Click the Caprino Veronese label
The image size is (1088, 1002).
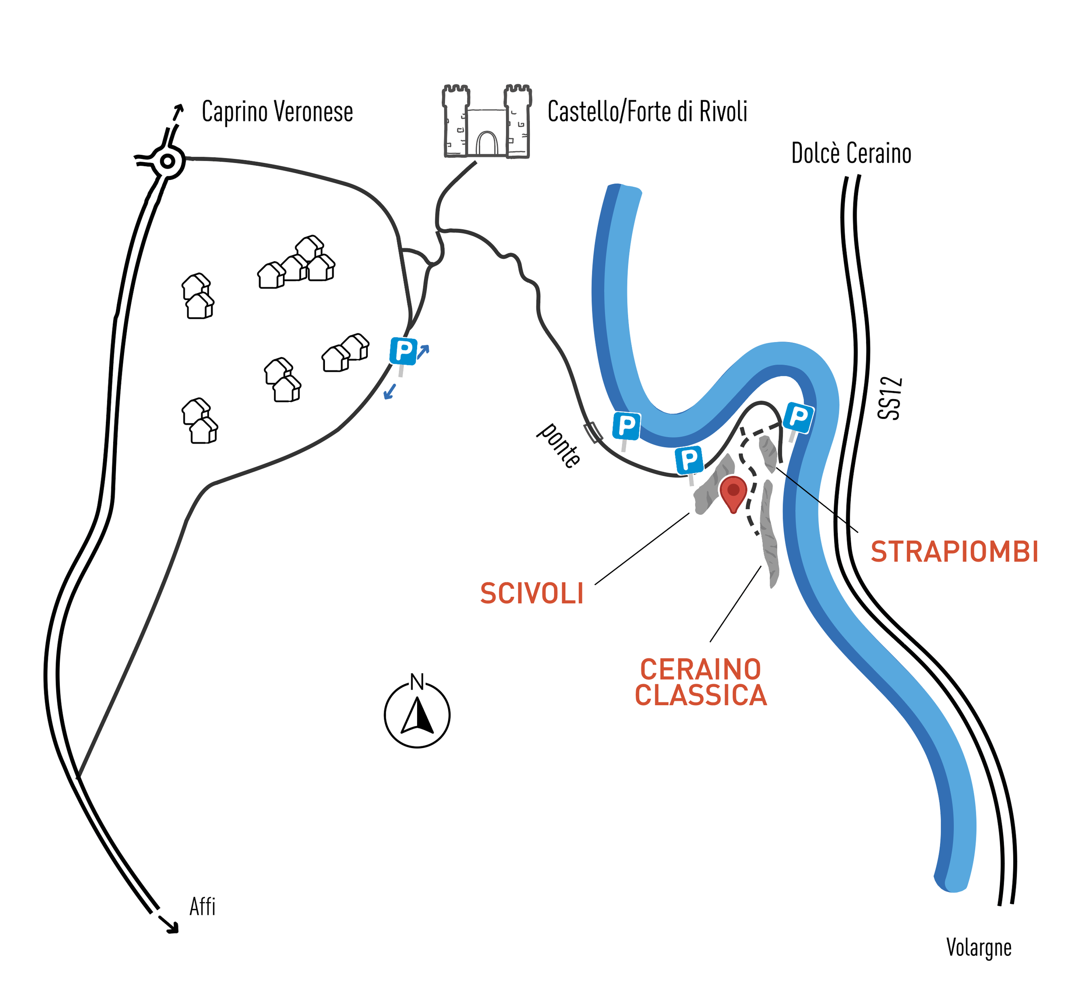(x=277, y=112)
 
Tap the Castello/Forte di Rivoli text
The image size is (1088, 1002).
(x=647, y=112)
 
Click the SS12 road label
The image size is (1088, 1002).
(x=890, y=399)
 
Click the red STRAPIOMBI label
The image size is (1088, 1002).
(x=954, y=552)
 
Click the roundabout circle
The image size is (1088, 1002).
(x=168, y=161)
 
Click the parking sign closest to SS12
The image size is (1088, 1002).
(x=798, y=418)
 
